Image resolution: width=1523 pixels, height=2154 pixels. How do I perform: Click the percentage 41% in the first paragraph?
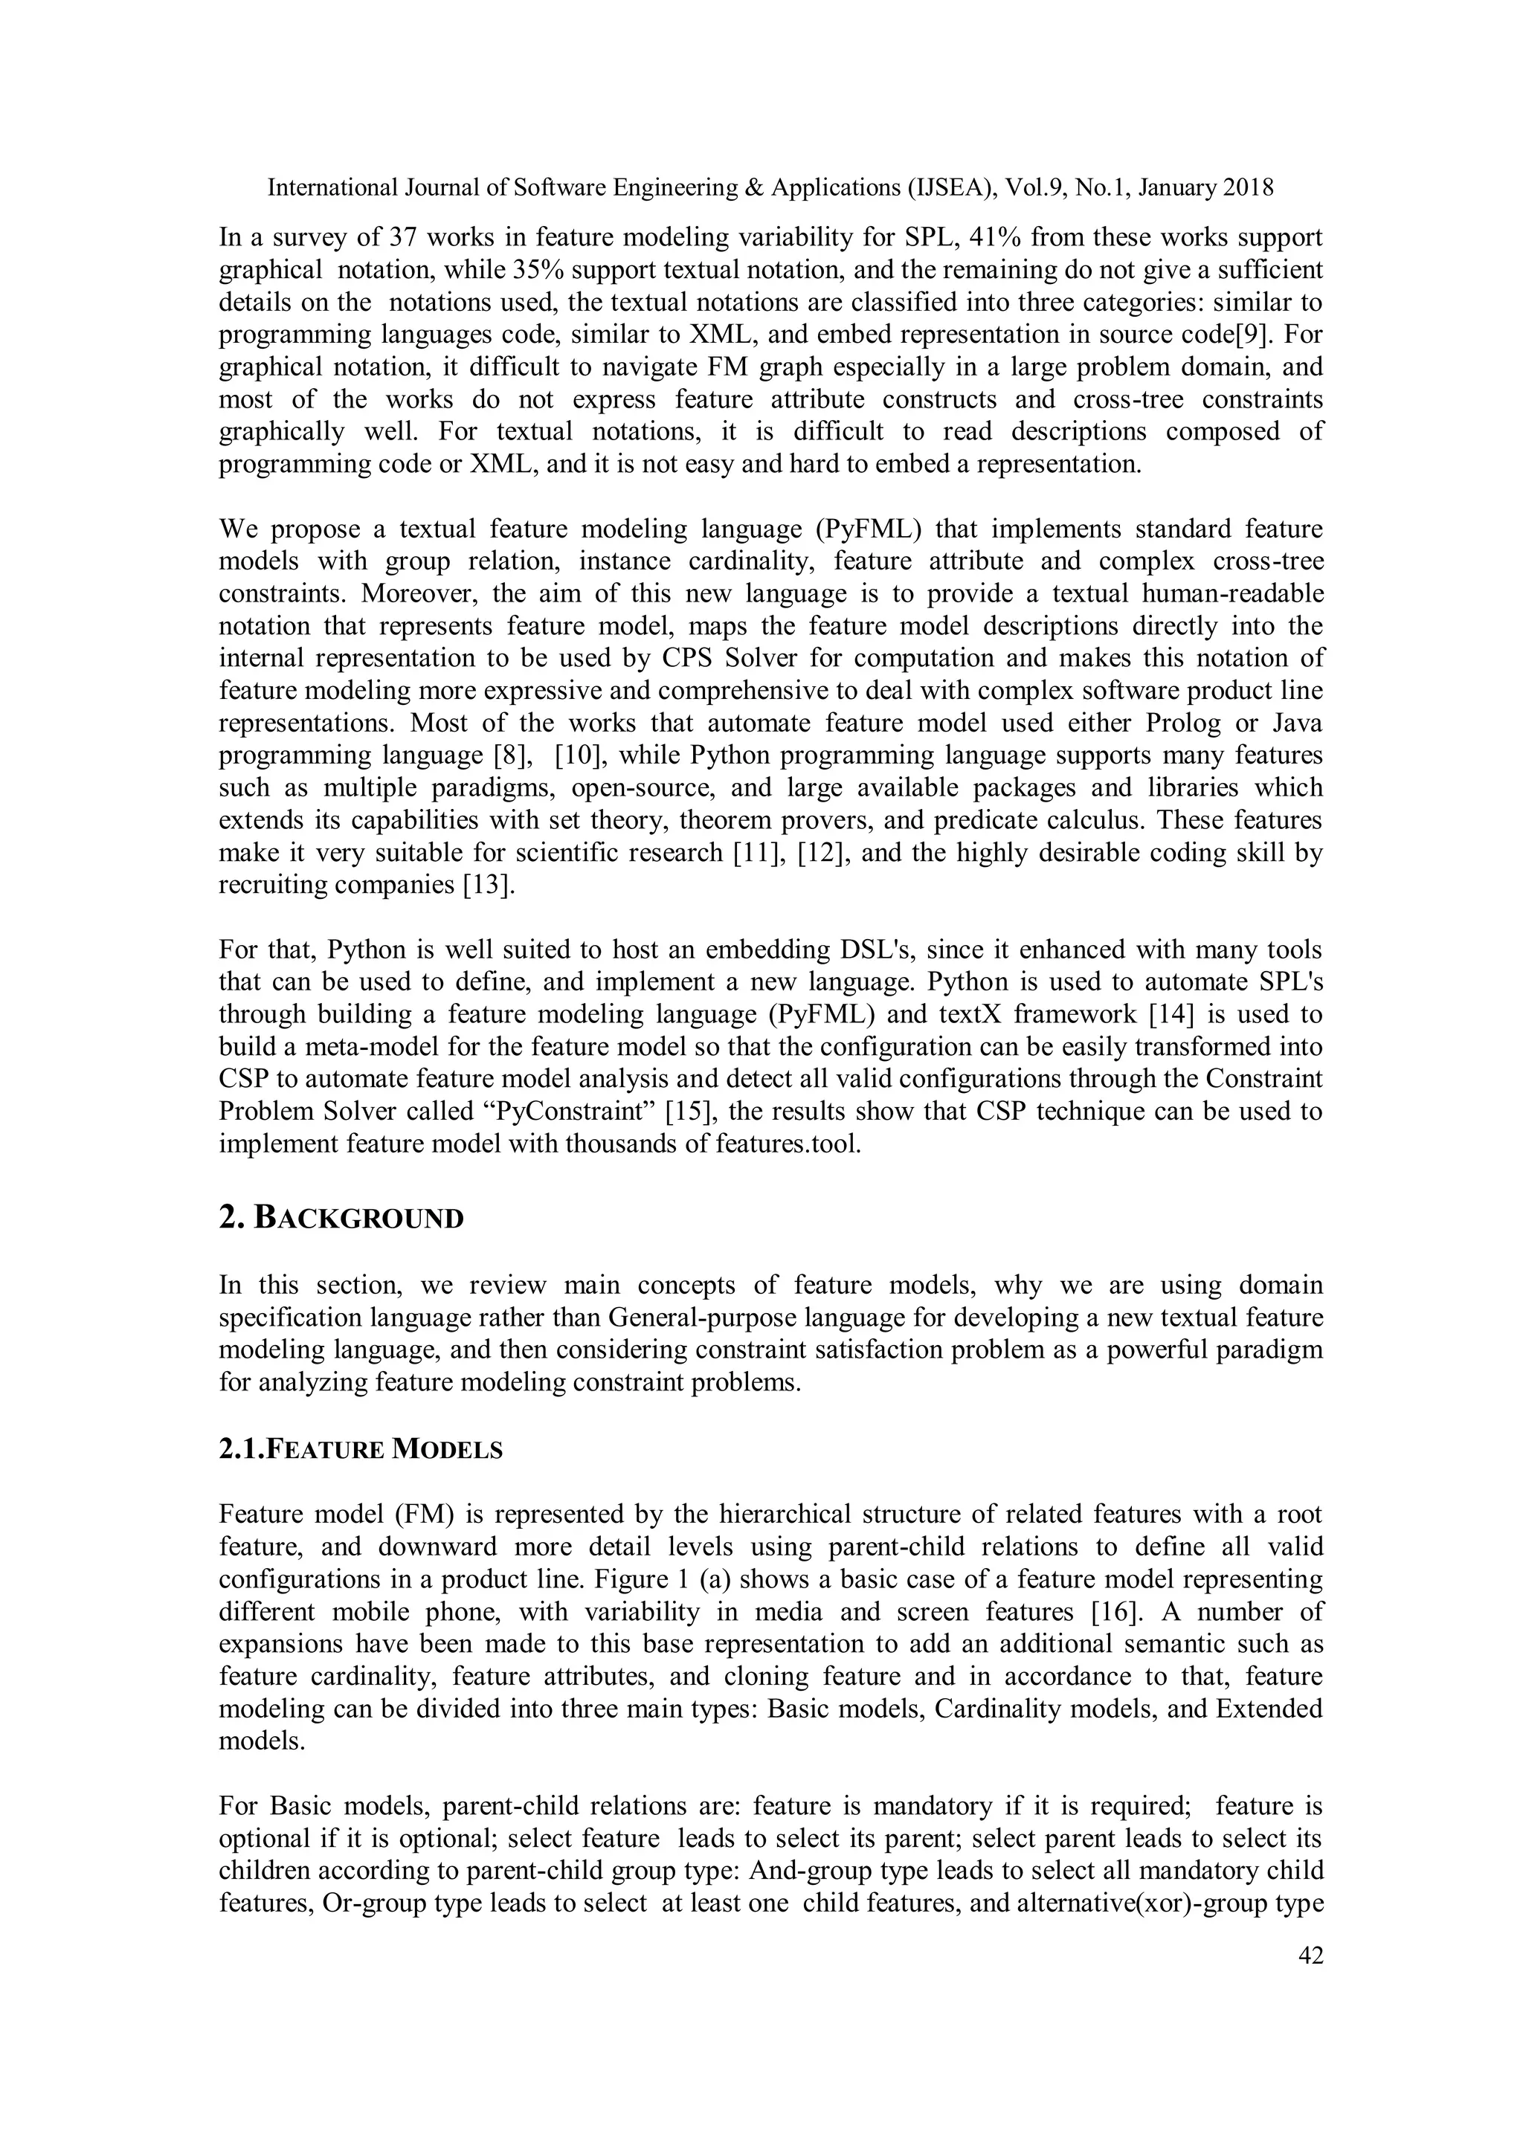click(x=996, y=237)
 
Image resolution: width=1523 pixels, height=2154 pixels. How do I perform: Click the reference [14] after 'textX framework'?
click(x=1186, y=1014)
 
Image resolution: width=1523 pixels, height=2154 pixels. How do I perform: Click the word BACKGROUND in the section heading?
click(x=359, y=1219)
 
